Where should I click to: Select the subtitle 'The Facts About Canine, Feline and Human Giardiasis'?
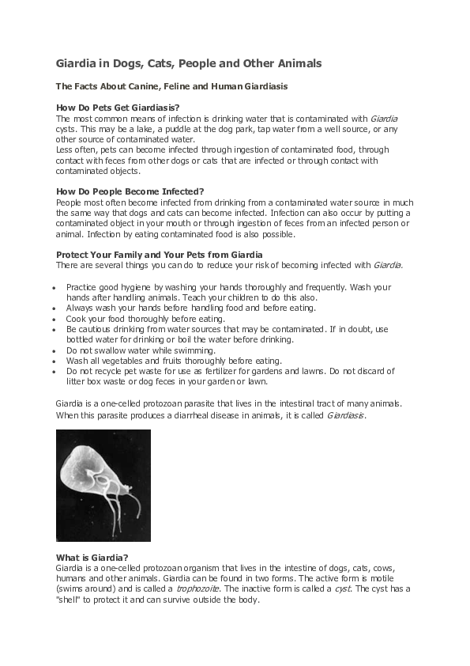(170, 85)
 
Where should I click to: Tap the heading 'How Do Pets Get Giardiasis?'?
(117, 107)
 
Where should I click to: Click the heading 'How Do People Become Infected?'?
(130, 191)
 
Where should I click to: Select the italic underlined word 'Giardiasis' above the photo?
(346, 415)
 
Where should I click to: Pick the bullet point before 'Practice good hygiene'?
(51, 287)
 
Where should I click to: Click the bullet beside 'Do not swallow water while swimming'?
(51, 349)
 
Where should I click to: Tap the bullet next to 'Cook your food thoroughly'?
(51, 319)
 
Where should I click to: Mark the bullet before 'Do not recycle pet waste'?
(51, 369)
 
